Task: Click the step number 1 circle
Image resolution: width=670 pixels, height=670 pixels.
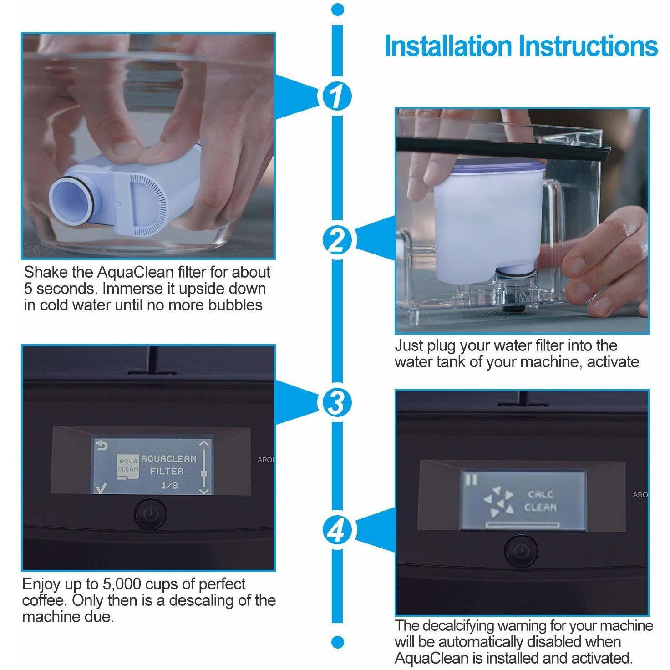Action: (337, 96)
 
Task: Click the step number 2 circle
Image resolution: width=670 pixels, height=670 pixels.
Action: (337, 241)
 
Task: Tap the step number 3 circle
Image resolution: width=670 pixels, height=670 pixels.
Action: (337, 402)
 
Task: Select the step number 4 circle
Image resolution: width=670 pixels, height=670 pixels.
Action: (337, 529)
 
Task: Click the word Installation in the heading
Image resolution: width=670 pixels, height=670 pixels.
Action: (448, 46)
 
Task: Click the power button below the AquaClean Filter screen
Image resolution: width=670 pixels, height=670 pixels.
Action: (148, 513)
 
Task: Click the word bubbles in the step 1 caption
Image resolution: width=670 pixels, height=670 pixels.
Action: (235, 305)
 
